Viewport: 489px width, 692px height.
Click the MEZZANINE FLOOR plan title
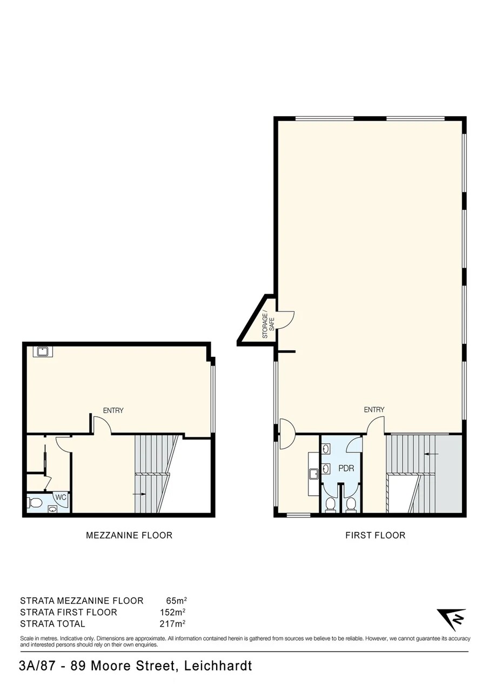(x=129, y=535)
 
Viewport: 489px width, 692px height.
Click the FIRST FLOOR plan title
(x=375, y=535)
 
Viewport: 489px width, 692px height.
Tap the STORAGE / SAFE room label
(x=269, y=325)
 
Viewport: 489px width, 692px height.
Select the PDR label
(x=346, y=468)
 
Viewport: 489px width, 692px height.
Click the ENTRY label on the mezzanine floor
(x=113, y=410)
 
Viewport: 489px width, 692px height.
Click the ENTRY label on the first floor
(x=374, y=410)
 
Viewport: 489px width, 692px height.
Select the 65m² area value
(x=177, y=601)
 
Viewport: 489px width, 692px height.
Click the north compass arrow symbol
(x=451, y=620)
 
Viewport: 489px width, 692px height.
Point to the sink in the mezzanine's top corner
(x=42, y=351)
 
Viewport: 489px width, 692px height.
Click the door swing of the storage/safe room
(x=285, y=319)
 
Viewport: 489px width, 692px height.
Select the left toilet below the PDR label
(x=330, y=505)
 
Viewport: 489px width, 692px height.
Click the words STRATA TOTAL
(x=52, y=624)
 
